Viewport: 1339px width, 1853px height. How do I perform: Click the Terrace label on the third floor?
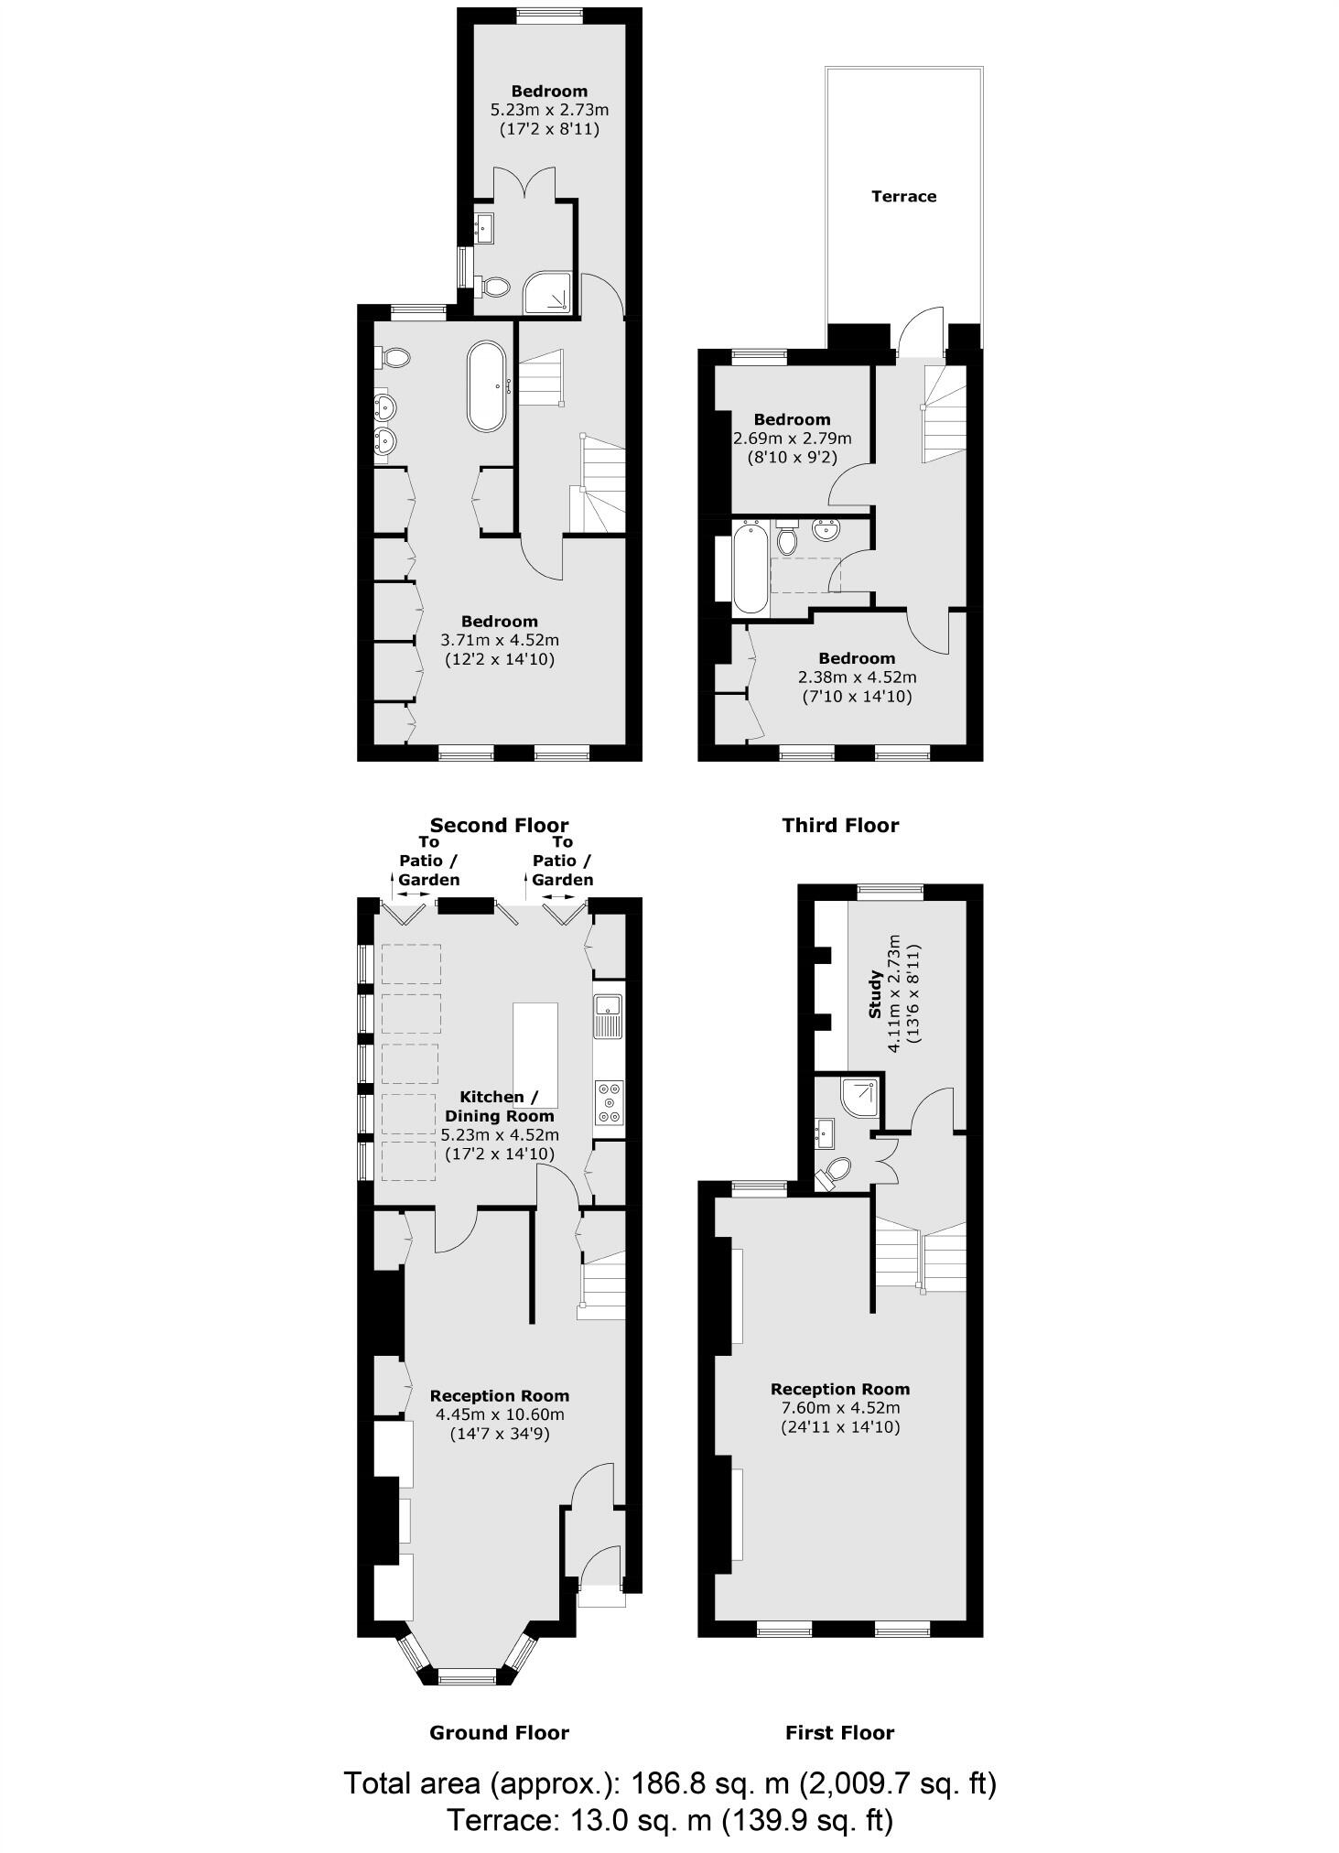click(903, 196)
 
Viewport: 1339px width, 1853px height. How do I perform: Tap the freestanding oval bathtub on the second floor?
click(486, 386)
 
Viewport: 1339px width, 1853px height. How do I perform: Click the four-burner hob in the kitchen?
click(609, 1103)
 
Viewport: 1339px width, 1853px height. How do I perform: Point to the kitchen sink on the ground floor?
click(608, 1016)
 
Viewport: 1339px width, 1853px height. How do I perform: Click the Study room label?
click(875, 996)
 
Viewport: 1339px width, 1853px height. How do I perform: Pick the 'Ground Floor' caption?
click(499, 1732)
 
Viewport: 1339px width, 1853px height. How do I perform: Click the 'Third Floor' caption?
click(840, 825)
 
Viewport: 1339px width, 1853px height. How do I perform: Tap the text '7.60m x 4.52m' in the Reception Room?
click(840, 1408)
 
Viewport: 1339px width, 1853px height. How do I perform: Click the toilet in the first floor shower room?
click(834, 1173)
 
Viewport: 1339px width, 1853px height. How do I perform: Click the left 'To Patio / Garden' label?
click(428, 861)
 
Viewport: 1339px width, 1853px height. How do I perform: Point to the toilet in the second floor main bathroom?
click(394, 356)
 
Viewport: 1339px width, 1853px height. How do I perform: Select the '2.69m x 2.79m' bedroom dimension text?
click(792, 439)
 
